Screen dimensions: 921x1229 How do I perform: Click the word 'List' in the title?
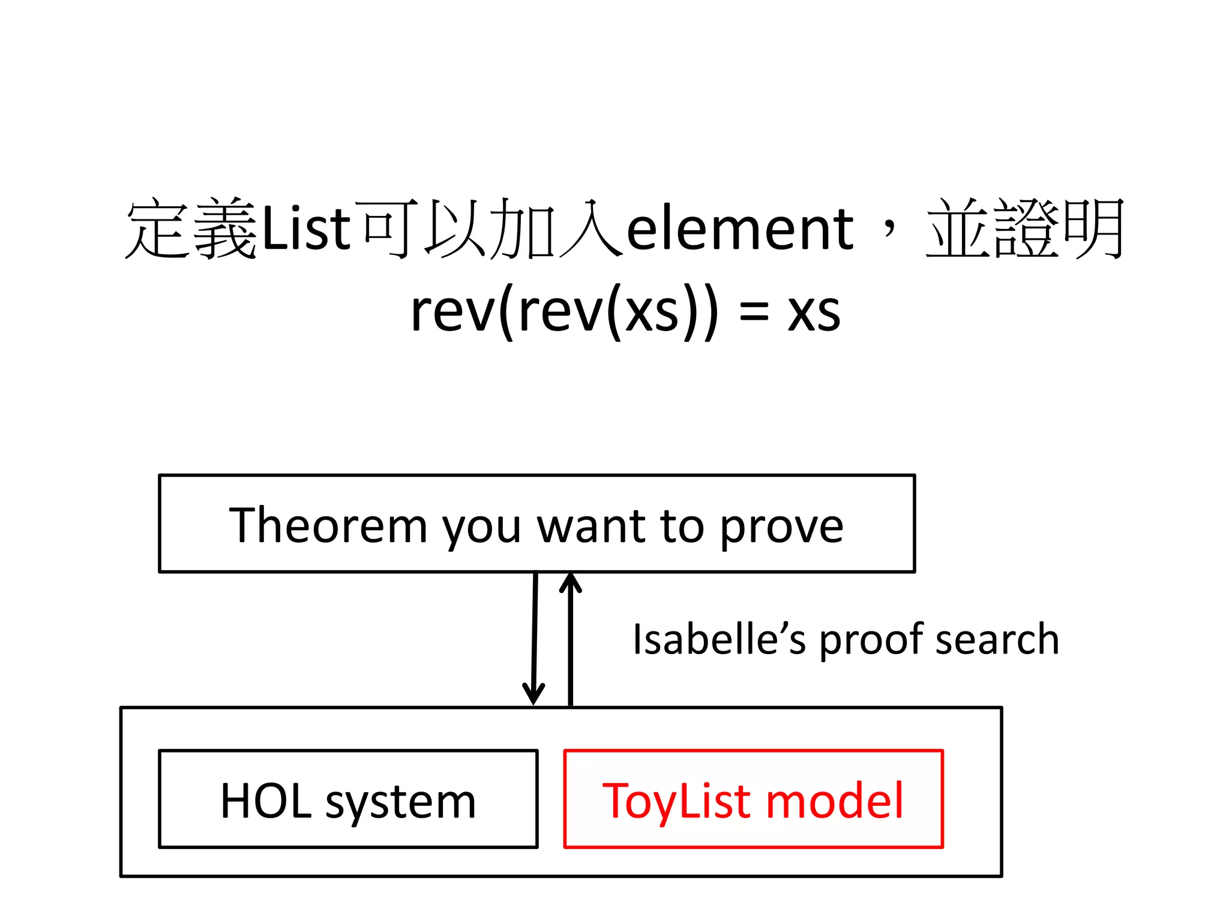click(x=306, y=229)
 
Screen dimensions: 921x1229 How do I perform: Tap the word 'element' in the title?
click(x=739, y=229)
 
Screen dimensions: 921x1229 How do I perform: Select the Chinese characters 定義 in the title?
click(x=192, y=229)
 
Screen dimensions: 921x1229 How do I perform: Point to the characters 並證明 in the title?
click(x=1025, y=229)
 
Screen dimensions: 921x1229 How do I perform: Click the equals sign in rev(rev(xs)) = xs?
click(x=754, y=313)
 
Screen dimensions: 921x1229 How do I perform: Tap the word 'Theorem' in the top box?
click(x=328, y=525)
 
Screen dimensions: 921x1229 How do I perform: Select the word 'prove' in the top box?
click(x=781, y=526)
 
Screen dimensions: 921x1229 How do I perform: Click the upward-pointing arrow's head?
click(x=570, y=583)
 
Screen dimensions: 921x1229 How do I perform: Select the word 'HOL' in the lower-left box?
click(x=266, y=800)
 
